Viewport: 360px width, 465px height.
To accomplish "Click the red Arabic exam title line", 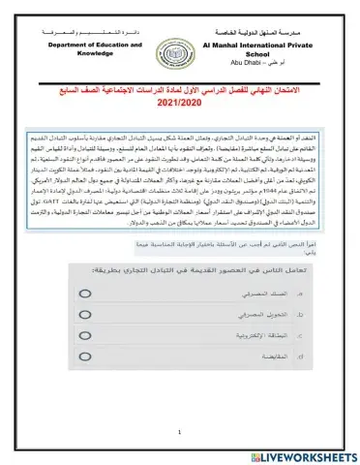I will pyautogui.click(x=180, y=88).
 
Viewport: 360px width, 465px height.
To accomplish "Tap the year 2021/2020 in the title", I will pyautogui.click(x=180, y=101).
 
